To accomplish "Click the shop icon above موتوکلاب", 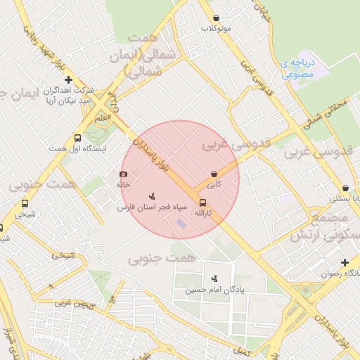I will coord(215,18).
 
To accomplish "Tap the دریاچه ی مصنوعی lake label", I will coord(297,68).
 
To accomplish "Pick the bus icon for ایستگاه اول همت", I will coord(77,139).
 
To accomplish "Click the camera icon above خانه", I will coord(123,174).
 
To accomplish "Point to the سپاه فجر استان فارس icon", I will coord(152,196).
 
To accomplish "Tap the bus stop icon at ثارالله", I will coord(202,202).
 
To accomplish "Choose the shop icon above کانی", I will coord(214,174).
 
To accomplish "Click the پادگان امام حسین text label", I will coord(214,290).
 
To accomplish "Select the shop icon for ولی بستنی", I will coord(345,188).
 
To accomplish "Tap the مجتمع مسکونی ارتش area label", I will coord(333,225).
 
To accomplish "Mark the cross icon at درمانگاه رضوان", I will coord(344,262).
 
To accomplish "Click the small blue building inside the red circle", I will coord(181,224).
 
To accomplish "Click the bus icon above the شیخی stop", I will coord(25,203).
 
